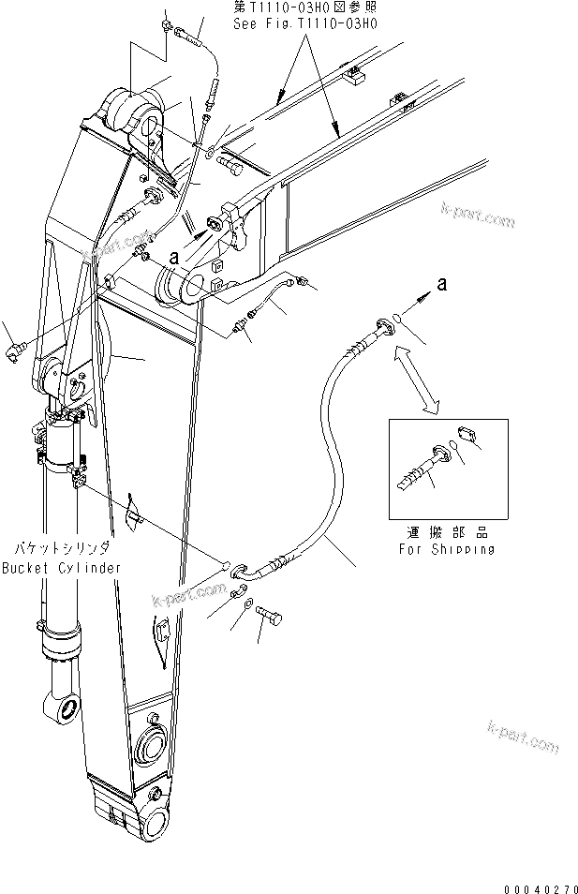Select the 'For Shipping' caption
pyautogui.click(x=448, y=549)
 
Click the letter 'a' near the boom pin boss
pyautogui.click(x=172, y=254)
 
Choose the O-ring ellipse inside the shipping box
pyautogui.click(x=454, y=445)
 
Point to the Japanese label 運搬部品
pyautogui.click(x=447, y=532)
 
